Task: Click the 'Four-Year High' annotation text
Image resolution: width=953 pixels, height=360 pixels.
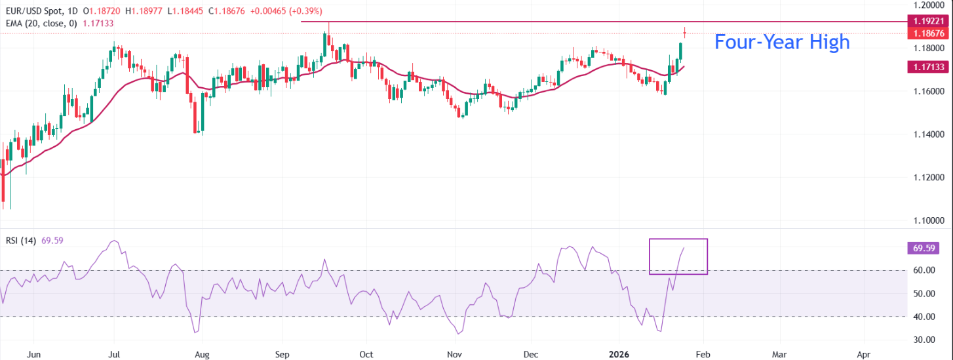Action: (781, 42)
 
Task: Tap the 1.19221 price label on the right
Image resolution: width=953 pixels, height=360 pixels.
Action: (926, 22)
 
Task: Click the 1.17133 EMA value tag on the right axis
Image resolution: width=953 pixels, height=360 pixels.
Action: (926, 67)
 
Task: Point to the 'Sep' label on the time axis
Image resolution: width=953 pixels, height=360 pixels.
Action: (282, 354)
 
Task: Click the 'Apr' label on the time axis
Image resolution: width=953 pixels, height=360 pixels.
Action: (863, 354)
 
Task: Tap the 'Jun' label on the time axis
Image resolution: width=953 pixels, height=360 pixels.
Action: (35, 354)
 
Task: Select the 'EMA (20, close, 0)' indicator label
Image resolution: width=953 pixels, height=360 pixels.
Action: (40, 23)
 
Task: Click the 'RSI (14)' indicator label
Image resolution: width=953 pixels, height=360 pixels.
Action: (20, 240)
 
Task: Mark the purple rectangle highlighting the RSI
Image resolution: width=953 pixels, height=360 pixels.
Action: (678, 256)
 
